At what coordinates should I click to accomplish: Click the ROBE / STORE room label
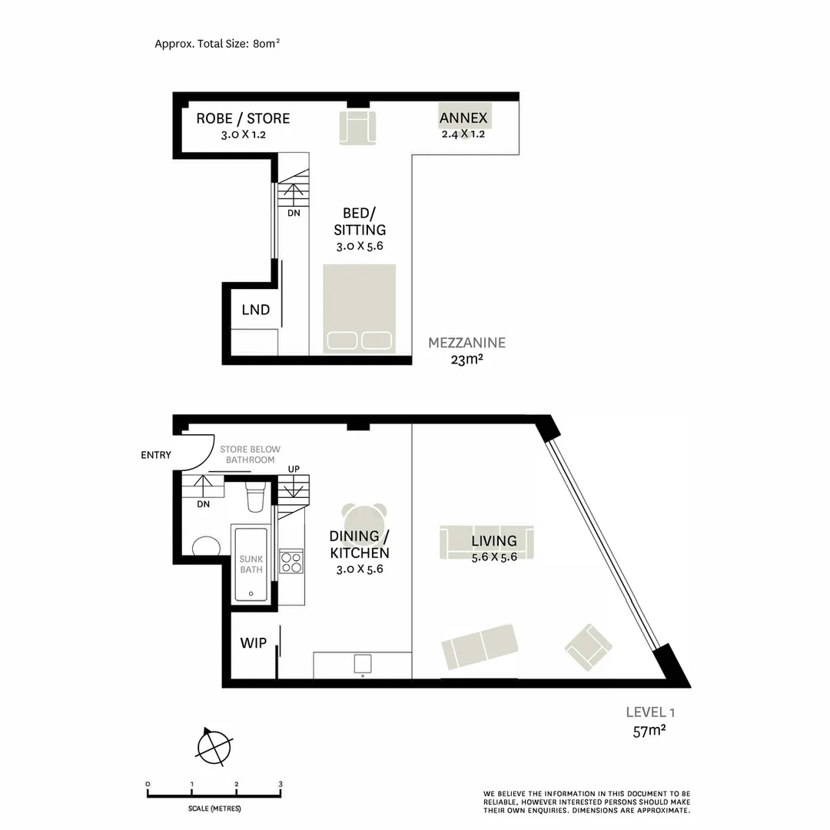(243, 118)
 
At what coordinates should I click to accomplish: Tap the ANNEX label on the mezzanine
(463, 118)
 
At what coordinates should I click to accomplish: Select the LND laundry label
(256, 310)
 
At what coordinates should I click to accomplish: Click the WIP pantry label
(254, 642)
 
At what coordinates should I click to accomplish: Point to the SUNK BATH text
(251, 565)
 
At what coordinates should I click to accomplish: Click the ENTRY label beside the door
(156, 455)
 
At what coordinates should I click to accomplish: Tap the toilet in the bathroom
(255, 497)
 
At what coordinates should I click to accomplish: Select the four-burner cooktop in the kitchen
(291, 562)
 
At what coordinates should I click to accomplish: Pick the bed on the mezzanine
(360, 309)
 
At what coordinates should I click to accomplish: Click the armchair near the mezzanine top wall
(358, 127)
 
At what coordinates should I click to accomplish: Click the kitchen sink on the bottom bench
(362, 663)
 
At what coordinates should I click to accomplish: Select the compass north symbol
(214, 746)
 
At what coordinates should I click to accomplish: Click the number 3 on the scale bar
(281, 785)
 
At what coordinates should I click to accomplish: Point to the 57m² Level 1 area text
(649, 731)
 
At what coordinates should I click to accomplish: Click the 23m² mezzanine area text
(466, 359)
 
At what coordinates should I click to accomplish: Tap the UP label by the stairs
(294, 469)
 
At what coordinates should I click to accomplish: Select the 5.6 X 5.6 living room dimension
(493, 556)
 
